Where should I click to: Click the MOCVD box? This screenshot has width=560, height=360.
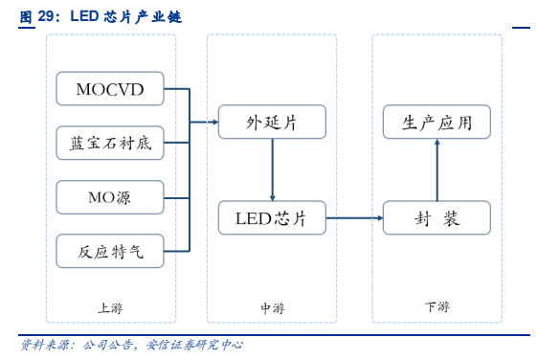tap(110, 89)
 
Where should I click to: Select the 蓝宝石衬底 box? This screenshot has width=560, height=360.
tap(110, 144)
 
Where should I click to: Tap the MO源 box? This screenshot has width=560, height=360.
tap(110, 197)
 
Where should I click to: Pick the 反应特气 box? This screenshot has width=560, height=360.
tap(110, 252)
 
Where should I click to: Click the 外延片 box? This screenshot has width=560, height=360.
tap(272, 122)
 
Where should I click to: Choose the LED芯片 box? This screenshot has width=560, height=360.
tap(272, 218)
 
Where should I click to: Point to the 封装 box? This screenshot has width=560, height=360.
tap(437, 218)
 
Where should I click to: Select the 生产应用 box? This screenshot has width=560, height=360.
tap(437, 122)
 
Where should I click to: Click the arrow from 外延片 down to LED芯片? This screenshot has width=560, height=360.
tap(272, 170)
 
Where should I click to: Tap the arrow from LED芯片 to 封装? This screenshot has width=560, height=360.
tap(354, 218)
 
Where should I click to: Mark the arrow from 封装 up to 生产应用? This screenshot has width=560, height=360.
tap(437, 170)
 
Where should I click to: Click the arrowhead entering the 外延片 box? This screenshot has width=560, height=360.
tap(213, 122)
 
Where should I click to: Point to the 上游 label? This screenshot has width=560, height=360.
tap(110, 307)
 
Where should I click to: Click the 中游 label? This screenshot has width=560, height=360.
tap(272, 307)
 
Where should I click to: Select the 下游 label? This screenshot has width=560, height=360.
tap(437, 307)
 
